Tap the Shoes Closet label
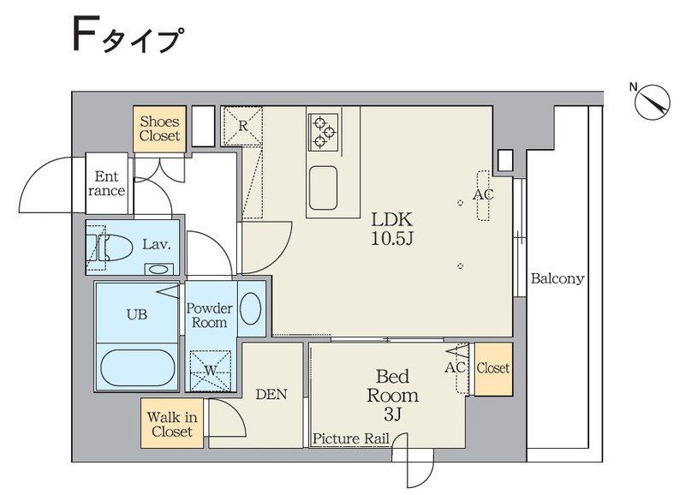(160, 128)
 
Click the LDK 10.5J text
(392, 229)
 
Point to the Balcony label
(557, 278)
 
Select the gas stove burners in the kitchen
(323, 130)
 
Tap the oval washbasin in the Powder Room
(251, 308)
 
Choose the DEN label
(271, 394)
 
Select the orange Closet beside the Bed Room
(493, 368)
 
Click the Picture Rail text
(351, 438)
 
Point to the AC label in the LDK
(484, 194)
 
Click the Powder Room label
(209, 315)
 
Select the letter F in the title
(82, 37)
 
